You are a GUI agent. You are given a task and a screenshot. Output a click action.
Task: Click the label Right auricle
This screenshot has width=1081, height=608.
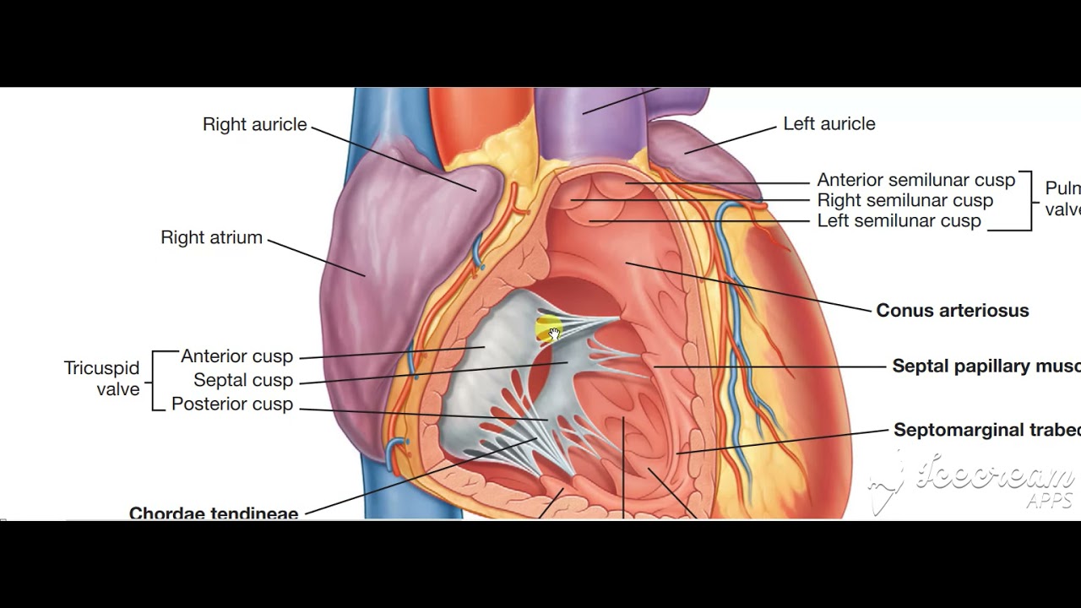pyautogui.click(x=254, y=124)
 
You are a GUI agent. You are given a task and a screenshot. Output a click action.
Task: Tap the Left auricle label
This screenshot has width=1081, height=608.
pyautogui.click(x=828, y=123)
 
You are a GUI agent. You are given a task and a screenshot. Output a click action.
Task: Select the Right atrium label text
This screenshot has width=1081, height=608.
pyautogui.click(x=211, y=237)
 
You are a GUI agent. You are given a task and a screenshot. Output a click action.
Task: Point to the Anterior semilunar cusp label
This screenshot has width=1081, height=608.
pyautogui.click(x=915, y=180)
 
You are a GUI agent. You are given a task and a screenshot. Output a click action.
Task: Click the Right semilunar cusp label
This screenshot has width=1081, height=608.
pyautogui.click(x=904, y=200)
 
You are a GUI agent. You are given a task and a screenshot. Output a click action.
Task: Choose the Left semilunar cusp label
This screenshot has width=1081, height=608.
pyautogui.click(x=899, y=220)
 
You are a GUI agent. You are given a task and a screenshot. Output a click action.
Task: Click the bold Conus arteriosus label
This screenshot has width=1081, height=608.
pyautogui.click(x=952, y=310)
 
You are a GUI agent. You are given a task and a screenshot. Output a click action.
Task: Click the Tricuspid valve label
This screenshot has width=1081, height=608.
pyautogui.click(x=102, y=379)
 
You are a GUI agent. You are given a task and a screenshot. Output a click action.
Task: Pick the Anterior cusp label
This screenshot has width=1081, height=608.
pyautogui.click(x=236, y=356)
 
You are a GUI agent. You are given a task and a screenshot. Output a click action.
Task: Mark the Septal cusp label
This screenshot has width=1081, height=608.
pyautogui.click(x=243, y=380)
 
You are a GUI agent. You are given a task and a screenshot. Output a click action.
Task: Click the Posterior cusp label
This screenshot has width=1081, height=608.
pyautogui.click(x=231, y=404)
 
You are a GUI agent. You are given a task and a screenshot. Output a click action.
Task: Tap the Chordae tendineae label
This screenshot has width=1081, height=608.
pyautogui.click(x=214, y=511)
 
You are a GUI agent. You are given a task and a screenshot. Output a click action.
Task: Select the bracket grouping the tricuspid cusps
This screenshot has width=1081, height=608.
pyautogui.click(x=155, y=380)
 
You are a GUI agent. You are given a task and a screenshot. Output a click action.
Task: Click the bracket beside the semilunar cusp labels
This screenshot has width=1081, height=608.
pyautogui.click(x=1028, y=200)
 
